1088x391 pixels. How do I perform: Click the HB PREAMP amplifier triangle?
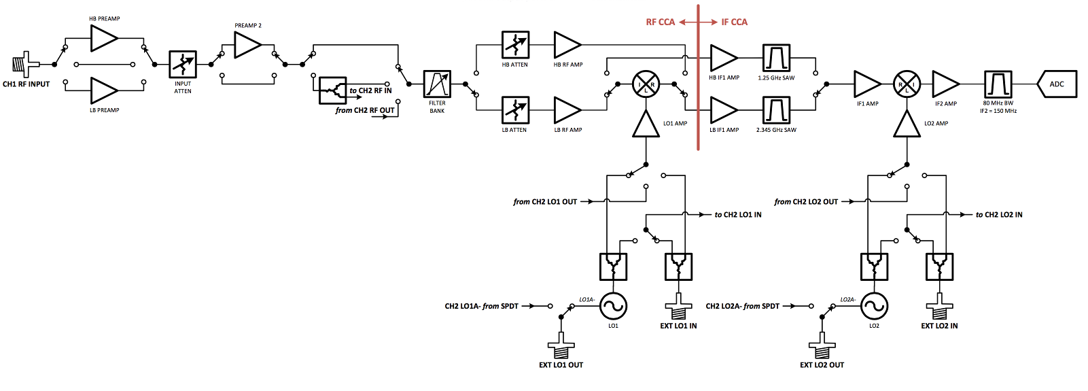coord(103,38)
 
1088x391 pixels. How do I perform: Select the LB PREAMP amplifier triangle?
coord(103,90)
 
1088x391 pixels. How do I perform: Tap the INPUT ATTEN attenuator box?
coord(183,64)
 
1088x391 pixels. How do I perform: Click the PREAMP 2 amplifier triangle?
coord(247,45)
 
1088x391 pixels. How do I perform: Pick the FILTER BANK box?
coord(437,84)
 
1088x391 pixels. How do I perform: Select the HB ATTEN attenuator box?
coord(515,45)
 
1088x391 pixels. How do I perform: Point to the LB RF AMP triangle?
coord(567,109)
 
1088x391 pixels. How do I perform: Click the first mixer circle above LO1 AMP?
coord(646,84)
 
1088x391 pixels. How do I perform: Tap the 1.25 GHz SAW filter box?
coord(776,58)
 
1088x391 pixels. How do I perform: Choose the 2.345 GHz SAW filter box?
coord(776,109)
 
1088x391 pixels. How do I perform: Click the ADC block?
coord(1057,84)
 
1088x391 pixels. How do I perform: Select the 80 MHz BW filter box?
coord(998,84)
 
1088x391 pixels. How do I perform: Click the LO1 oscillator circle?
coord(613,306)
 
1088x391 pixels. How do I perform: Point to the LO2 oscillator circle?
coord(874,306)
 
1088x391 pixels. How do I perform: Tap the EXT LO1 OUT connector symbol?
coord(561,346)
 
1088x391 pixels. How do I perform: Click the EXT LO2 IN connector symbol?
coord(939,307)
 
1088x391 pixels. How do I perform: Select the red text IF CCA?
coord(734,22)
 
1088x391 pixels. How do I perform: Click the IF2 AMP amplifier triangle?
coord(945,84)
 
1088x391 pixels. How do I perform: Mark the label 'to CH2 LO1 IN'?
coord(737,215)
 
